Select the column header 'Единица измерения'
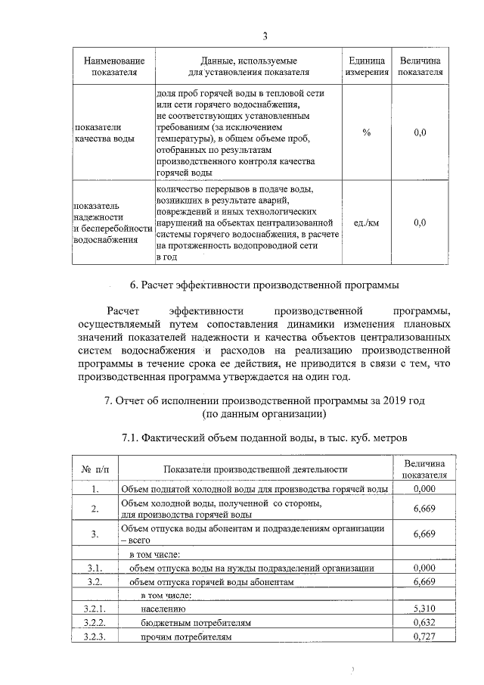coord(367,66)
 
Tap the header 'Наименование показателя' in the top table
coord(114,66)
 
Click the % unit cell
coord(367,132)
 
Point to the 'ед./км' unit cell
coord(367,223)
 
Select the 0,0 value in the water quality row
coord(420,132)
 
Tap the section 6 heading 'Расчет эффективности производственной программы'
coord(264,285)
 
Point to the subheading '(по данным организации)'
coord(264,414)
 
